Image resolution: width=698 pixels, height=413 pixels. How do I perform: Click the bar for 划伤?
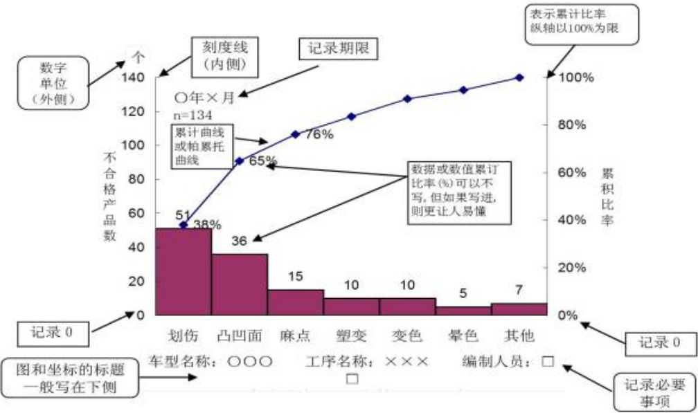tap(184, 271)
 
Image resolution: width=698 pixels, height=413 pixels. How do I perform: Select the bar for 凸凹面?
tap(240, 284)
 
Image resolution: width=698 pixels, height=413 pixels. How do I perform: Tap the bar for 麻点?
tap(296, 302)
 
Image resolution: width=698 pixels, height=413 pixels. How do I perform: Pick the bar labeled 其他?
tap(519, 309)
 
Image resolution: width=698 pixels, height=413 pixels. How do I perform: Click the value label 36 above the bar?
tap(240, 241)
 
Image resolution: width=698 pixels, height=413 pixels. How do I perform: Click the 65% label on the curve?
tap(262, 161)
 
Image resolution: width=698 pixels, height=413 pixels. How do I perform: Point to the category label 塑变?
tap(351, 336)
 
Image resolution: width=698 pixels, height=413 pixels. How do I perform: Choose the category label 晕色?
tap(463, 336)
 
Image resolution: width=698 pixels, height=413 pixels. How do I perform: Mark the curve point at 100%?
tap(519, 77)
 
